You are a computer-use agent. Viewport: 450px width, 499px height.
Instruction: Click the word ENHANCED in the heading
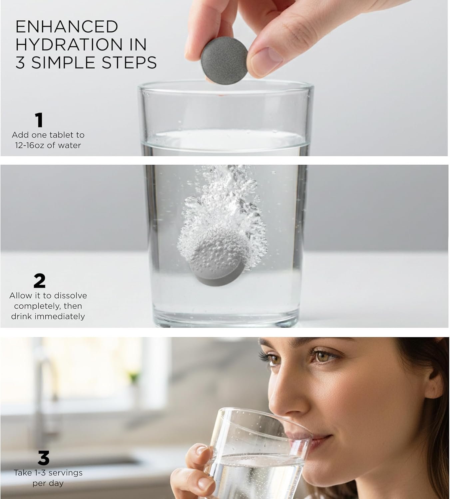click(x=67, y=27)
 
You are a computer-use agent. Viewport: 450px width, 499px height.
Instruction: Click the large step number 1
click(x=39, y=120)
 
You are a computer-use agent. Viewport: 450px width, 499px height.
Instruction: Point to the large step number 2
click(x=40, y=280)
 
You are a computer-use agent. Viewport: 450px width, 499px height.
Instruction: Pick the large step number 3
click(x=44, y=458)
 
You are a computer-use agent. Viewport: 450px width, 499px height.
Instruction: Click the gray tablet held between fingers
click(x=225, y=63)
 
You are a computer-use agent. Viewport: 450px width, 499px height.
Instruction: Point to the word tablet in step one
click(x=61, y=135)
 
